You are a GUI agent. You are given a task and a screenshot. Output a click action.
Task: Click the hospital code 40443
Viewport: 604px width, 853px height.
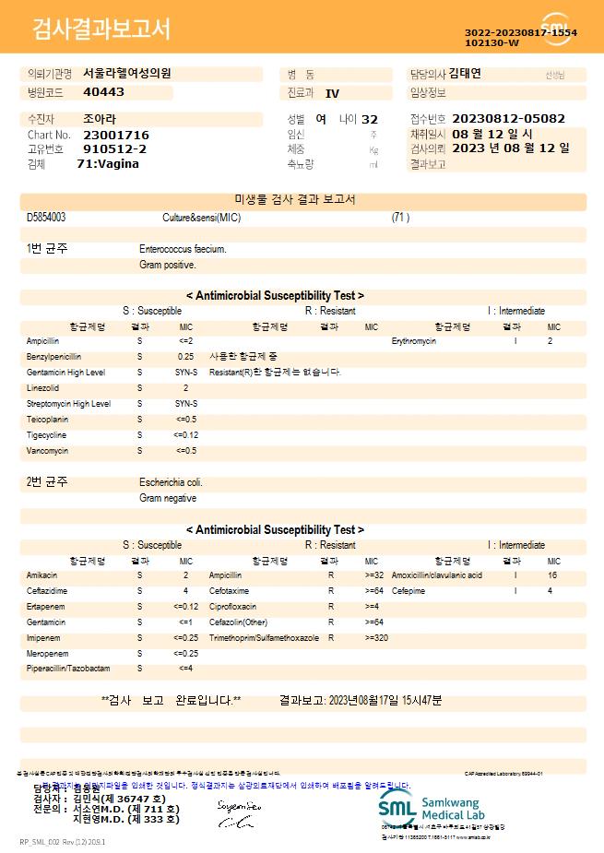pyautogui.click(x=103, y=92)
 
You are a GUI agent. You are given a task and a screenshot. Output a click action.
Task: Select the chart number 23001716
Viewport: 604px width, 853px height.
pyautogui.click(x=115, y=135)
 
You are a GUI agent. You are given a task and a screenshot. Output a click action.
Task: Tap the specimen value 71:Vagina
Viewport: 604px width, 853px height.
pyautogui.click(x=108, y=163)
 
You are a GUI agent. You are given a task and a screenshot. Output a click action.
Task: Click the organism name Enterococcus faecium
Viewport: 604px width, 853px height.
pyautogui.click(x=183, y=249)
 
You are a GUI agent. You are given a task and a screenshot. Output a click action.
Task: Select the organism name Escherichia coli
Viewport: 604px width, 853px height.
pyautogui.click(x=172, y=482)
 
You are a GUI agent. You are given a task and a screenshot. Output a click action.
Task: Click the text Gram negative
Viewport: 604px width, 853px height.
pyautogui.click(x=168, y=498)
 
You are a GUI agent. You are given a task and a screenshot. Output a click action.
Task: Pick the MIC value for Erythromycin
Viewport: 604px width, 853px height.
pyautogui.click(x=550, y=341)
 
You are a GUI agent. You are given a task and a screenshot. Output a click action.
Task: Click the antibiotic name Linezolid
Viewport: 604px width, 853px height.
pyautogui.click(x=42, y=388)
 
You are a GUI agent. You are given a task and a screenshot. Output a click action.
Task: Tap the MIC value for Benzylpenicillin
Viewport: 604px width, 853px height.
pyautogui.click(x=185, y=356)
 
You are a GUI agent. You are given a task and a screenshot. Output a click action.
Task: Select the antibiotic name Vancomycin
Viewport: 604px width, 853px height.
pyautogui.click(x=47, y=451)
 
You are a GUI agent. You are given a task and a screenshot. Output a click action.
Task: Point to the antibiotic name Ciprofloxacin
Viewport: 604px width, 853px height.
pyautogui.click(x=232, y=607)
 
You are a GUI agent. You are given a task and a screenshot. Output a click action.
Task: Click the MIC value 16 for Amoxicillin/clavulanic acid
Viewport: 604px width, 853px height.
pyautogui.click(x=552, y=575)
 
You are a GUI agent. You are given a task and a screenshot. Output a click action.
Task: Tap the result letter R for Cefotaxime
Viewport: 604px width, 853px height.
pyautogui.click(x=331, y=591)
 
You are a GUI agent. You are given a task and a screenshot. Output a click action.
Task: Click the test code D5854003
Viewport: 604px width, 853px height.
pyautogui.click(x=46, y=218)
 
